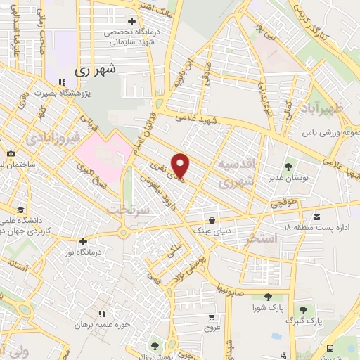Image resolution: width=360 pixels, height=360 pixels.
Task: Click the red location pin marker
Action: [181, 166]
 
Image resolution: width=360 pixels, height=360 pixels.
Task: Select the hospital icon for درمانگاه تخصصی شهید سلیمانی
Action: [131, 22]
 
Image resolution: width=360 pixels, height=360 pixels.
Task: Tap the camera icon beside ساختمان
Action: [11, 154]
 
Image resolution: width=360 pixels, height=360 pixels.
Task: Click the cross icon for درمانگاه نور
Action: [82, 241]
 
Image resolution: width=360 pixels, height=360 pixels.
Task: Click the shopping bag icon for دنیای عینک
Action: [212, 219]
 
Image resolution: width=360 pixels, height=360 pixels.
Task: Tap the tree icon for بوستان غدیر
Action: [288, 167]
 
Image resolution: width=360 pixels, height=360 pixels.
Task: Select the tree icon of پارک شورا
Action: [266, 297]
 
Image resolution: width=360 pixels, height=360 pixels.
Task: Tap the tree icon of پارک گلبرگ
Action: [303, 309]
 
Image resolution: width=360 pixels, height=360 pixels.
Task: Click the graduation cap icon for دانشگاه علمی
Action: [20, 210]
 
